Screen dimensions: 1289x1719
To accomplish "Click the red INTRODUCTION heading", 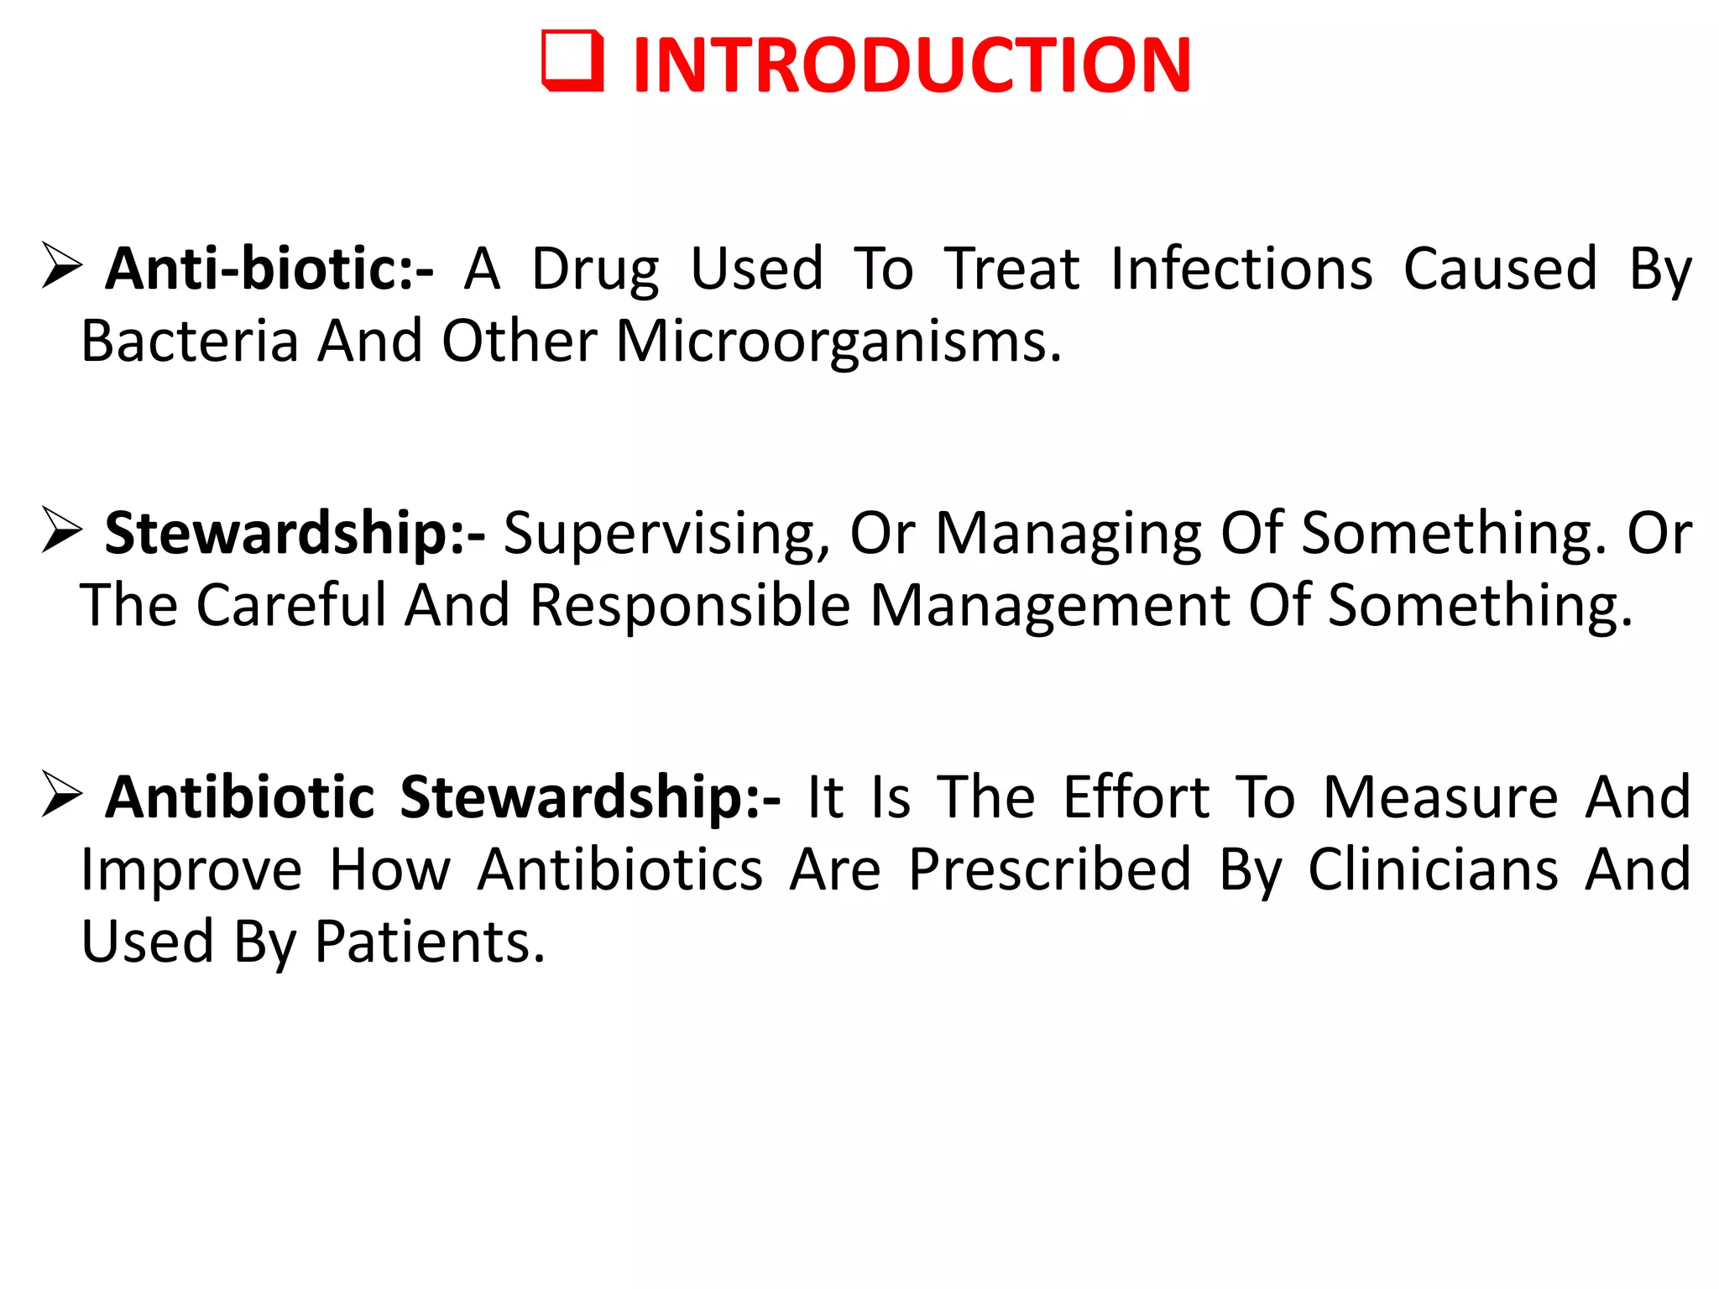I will tap(912, 65).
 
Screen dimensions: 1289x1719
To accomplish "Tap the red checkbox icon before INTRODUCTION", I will tap(572, 61).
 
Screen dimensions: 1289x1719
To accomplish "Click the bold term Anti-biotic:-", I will tap(269, 269).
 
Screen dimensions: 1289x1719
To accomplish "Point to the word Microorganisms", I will tap(838, 342).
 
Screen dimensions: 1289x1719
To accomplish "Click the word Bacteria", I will tap(190, 342).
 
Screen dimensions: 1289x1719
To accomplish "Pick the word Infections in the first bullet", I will tap(1241, 269).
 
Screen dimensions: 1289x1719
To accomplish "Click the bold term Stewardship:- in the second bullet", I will tap(294, 534).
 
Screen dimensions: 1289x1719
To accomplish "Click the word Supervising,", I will tap(666, 535).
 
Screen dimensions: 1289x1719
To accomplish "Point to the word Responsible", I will tap(690, 605).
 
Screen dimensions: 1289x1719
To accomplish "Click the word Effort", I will tap(1136, 796).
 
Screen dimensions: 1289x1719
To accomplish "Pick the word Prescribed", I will tap(1049, 869).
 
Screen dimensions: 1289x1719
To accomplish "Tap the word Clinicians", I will tap(1433, 869).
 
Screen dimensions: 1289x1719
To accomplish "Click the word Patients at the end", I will tap(430, 942).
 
